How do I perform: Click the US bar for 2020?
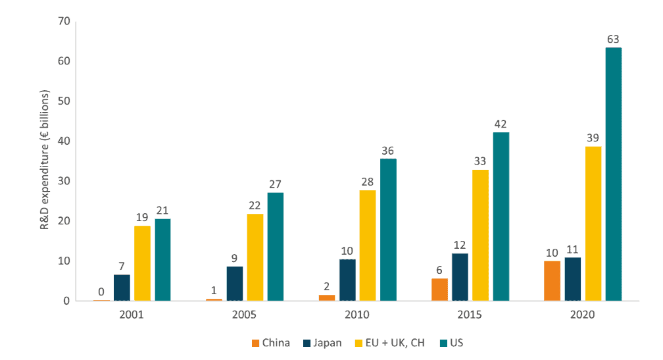pos(613,174)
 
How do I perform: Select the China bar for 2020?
pos(552,281)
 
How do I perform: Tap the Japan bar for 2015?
pos(460,277)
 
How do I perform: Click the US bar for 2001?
pos(162,260)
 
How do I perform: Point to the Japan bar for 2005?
pos(234,284)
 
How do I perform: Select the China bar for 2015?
pos(439,290)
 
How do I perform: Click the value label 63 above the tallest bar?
pos(614,38)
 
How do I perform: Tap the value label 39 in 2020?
pos(593,137)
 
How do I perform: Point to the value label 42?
pos(501,123)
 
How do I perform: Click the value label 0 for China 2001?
pos(101,292)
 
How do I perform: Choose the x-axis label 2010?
pos(357,315)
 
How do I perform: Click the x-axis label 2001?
pos(132,315)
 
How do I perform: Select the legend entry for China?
pos(271,342)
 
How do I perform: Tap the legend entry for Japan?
pos(322,342)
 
